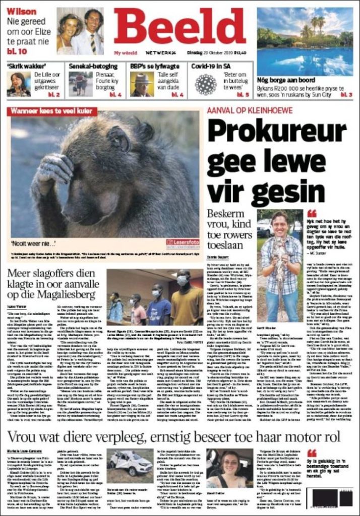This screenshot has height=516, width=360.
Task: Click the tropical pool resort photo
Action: (x=304, y=41)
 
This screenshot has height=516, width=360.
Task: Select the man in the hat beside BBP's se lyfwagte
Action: (x=140, y=84)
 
